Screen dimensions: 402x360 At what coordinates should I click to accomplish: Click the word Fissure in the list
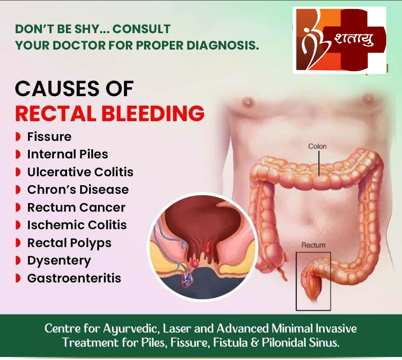pyautogui.click(x=49, y=137)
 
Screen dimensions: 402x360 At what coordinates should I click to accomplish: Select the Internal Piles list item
pyautogui.click(x=68, y=154)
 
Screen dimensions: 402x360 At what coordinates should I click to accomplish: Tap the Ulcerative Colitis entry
pyautogui.click(x=80, y=172)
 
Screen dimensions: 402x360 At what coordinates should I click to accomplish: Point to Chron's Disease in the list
pyautogui.click(x=78, y=190)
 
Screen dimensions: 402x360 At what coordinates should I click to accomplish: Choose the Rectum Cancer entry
pyautogui.click(x=76, y=208)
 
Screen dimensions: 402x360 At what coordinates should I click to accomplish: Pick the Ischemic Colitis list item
pyautogui.click(x=77, y=225)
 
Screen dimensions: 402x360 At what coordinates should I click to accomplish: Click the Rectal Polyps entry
pyautogui.click(x=69, y=243)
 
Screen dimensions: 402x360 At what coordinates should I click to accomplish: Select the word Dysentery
pyautogui.click(x=59, y=261)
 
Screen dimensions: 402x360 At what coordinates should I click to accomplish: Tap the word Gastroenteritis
pyautogui.click(x=74, y=278)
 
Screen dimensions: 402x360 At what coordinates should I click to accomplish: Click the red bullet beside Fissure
pyautogui.click(x=18, y=137)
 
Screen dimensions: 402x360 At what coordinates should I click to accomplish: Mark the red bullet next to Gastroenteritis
pyautogui.click(x=18, y=278)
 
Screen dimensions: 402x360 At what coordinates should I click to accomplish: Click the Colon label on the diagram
pyautogui.click(x=318, y=146)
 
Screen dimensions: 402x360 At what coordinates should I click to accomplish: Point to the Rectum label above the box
pyautogui.click(x=313, y=245)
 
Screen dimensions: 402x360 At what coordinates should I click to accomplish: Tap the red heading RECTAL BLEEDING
pyautogui.click(x=110, y=113)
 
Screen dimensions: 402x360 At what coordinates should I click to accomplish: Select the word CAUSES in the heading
pyautogui.click(x=57, y=89)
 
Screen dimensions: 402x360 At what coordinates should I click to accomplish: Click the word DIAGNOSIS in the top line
pyautogui.click(x=223, y=45)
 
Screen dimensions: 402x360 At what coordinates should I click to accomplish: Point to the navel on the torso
pyautogui.click(x=309, y=221)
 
